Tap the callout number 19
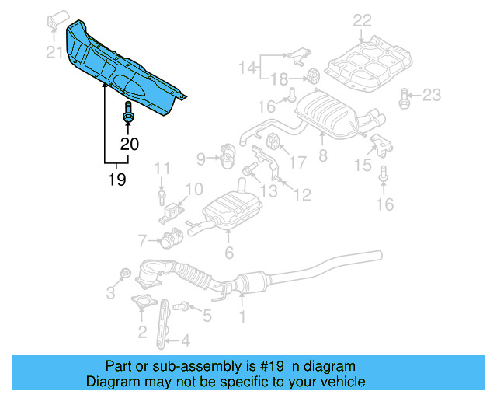(117, 180)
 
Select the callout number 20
(130, 144)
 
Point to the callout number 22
(362, 21)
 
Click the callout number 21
(54, 53)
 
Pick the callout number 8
(323, 155)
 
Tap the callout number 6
(229, 252)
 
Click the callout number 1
(242, 316)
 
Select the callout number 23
(431, 96)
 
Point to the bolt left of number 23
(404, 96)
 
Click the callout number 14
(247, 68)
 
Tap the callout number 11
(162, 168)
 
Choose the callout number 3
(110, 292)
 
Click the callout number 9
(202, 159)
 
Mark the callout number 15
(363, 165)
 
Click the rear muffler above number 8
(330, 113)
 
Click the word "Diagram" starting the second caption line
(111, 382)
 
